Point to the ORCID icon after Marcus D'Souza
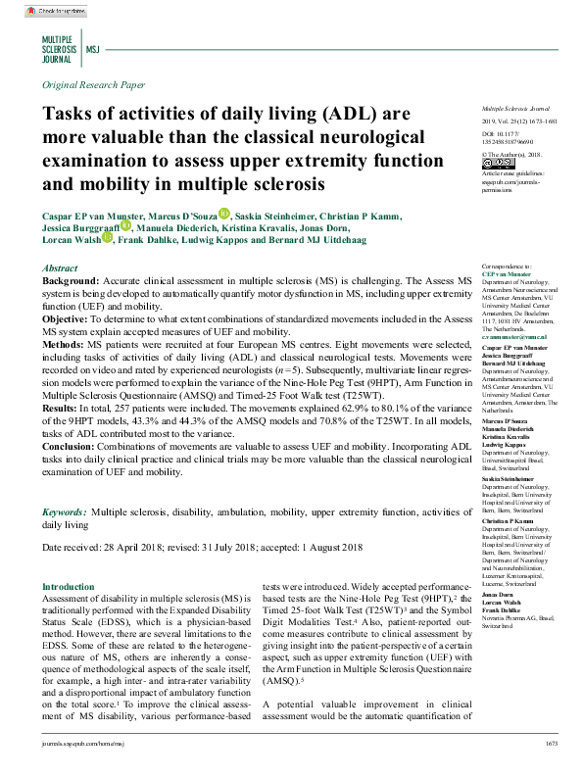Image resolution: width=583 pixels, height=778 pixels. pos(223,213)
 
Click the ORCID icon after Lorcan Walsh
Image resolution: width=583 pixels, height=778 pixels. pos(107,238)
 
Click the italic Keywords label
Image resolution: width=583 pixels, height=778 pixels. pos(64,512)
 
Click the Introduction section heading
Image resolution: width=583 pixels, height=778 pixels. pos(70,586)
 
